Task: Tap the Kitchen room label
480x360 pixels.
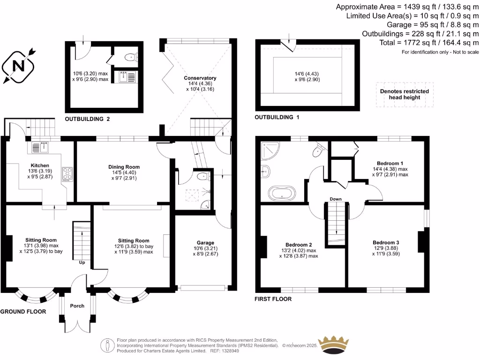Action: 40,166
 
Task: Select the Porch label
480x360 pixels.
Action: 77,306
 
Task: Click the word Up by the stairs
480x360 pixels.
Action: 82,262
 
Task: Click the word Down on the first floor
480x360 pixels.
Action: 335,199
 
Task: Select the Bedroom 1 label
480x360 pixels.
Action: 390,163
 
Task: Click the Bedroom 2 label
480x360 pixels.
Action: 299,245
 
